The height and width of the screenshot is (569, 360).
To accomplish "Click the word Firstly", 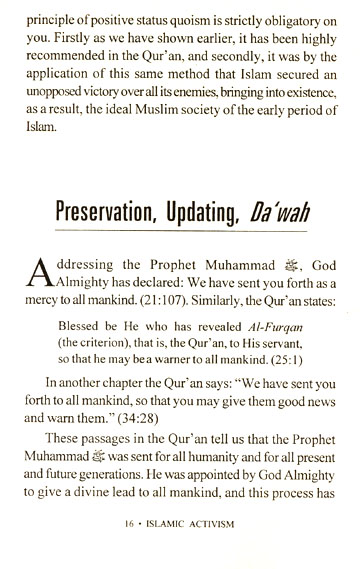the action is pos(53,37).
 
